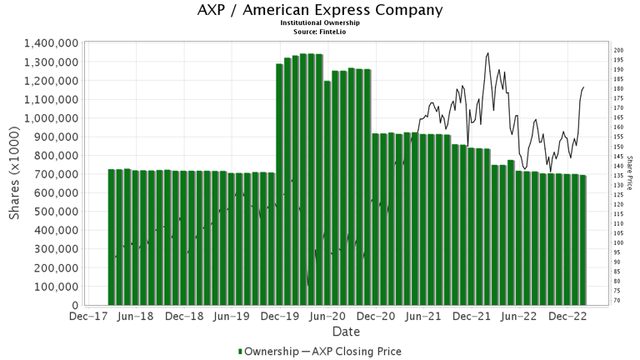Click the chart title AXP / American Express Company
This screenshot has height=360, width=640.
[320, 11]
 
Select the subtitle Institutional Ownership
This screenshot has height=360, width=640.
[320, 23]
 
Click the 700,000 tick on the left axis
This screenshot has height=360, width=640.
[56, 174]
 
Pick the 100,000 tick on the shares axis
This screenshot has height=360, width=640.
[56, 286]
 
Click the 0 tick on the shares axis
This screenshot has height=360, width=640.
[75, 305]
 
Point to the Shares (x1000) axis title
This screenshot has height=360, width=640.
[15, 174]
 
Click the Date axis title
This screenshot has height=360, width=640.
[346, 331]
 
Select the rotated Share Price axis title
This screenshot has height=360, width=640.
[630, 173]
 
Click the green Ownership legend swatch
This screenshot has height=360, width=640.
[241, 352]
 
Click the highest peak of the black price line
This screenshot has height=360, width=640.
[487, 53]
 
